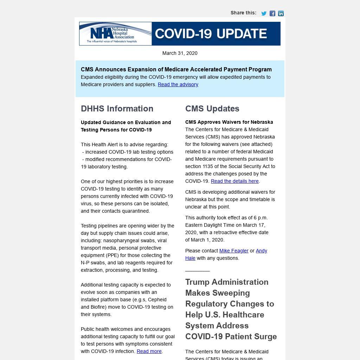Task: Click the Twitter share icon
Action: [264, 13]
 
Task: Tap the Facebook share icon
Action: [272, 13]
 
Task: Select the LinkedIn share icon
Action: [281, 13]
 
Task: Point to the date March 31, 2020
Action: [180, 53]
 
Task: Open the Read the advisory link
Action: [178, 84]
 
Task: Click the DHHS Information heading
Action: [117, 109]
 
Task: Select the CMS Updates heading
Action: [212, 109]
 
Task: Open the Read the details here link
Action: [234, 181]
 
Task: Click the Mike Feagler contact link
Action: [234, 251]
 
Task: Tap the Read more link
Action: [149, 351]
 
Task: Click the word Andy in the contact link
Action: [261, 251]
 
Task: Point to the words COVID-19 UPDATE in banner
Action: [211, 34]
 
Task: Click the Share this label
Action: [243, 13]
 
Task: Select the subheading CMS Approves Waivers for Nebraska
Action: [229, 122]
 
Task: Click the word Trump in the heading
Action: [199, 282]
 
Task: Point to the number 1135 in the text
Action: [208, 166]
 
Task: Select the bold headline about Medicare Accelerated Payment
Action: [176, 69]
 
